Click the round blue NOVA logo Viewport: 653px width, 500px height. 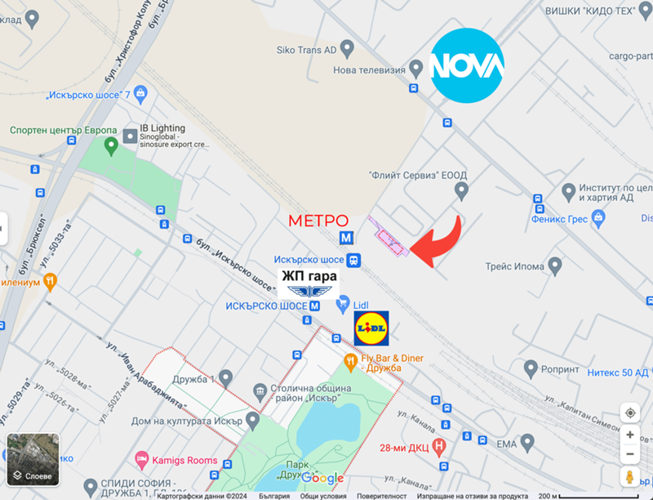point(467,64)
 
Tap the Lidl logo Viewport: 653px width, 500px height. point(371,328)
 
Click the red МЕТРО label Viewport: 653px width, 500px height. point(319,221)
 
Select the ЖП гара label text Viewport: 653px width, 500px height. point(309,276)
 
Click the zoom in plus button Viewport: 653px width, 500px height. point(629,435)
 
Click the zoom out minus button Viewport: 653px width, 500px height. point(629,454)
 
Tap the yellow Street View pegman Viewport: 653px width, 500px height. point(629,476)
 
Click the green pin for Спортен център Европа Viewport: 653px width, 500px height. point(112,147)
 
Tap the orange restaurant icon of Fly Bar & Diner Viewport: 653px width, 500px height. point(350,360)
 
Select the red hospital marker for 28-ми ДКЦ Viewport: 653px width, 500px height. point(440,446)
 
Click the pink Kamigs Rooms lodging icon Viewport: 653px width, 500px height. point(142,460)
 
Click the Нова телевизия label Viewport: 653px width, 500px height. point(369,70)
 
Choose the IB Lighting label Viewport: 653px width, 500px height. point(162,128)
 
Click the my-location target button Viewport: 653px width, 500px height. point(629,413)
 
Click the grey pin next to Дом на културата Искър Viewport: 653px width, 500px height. point(253,420)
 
